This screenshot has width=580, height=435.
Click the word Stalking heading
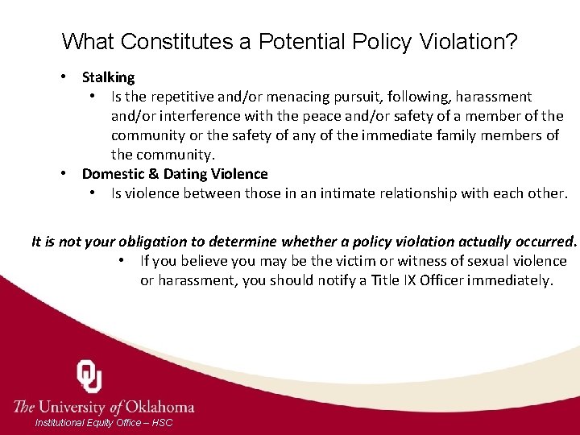click(109, 77)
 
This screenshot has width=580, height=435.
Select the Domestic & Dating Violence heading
click(175, 174)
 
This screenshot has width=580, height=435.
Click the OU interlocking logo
click(89, 377)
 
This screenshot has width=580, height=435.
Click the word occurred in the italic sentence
click(546, 241)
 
